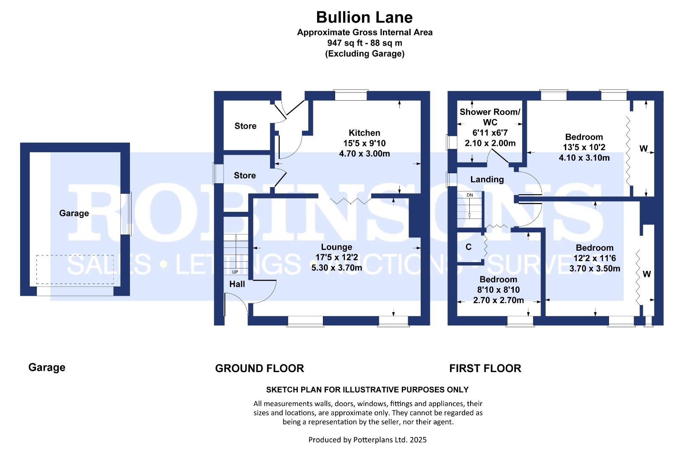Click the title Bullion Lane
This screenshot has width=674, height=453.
click(364, 18)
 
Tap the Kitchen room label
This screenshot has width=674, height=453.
click(364, 133)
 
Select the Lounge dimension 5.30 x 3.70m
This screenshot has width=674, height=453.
click(336, 268)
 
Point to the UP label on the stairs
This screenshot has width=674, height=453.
click(235, 272)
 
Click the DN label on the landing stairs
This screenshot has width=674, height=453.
click(470, 195)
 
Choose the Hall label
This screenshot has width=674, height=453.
click(237, 284)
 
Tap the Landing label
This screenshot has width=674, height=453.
click(487, 180)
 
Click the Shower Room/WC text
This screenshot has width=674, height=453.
click(490, 117)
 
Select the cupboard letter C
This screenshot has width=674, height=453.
click(468, 247)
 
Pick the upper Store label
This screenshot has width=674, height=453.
click(245, 126)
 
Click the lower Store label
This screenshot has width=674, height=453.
click(245, 175)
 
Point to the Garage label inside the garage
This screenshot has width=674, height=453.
click(74, 213)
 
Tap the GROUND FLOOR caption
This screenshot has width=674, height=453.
click(260, 368)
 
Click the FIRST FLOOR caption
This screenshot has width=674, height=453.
click(485, 368)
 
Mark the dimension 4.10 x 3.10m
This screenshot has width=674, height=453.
click(584, 158)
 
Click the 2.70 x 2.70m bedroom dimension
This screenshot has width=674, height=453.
click(498, 300)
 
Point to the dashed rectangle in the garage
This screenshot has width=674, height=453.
click(75, 255)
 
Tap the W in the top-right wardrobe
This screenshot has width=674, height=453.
click(643, 148)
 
